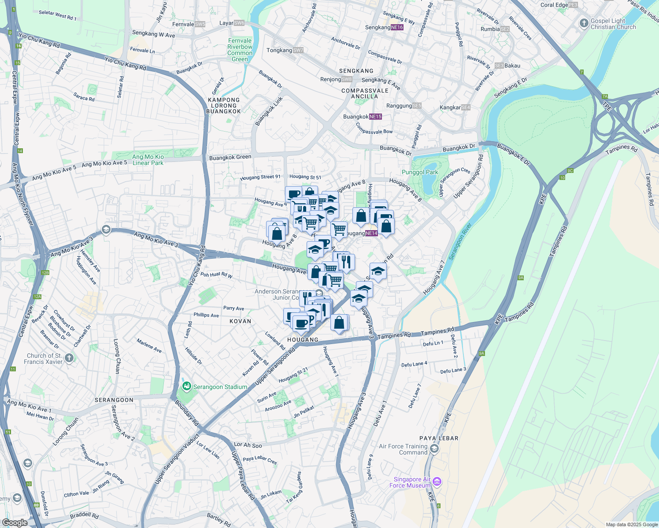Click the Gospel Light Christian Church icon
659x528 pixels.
[584, 23]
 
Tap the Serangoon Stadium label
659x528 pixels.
[220, 387]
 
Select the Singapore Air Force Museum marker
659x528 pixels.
[437, 482]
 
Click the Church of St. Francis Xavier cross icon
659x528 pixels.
[69, 358]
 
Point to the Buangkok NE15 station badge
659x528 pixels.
[375, 117]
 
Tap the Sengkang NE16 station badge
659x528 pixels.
[397, 27]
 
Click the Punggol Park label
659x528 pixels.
[419, 172]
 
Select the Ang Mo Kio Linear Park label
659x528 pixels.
[148, 160]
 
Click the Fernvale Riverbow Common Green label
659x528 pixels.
[240, 50]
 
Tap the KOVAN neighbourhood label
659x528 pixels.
[240, 321]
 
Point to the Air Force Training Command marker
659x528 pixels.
[434, 449]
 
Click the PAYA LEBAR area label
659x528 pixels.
[439, 438]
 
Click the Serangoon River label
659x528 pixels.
[460, 242]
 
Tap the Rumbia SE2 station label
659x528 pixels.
[495, 29]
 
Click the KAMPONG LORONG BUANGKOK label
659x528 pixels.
[224, 106]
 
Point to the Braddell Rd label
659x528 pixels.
[84, 515]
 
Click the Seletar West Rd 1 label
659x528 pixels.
[57, 15]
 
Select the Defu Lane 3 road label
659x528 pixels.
[453, 370]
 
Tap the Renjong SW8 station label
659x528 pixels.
[336, 79]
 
